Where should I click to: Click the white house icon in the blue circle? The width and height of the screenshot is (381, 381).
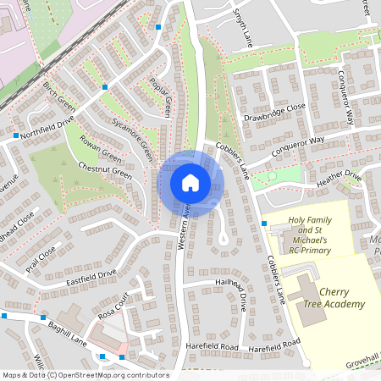pyautogui.click(x=190, y=183)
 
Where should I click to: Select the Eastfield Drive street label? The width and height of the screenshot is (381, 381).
pyautogui.click(x=90, y=274)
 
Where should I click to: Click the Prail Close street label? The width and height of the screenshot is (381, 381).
pyautogui.click(x=40, y=254)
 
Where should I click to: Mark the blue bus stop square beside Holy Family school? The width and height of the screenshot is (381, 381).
pyautogui.click(x=265, y=224)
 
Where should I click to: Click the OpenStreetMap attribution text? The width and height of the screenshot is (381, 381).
pyautogui.click(x=85, y=375)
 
